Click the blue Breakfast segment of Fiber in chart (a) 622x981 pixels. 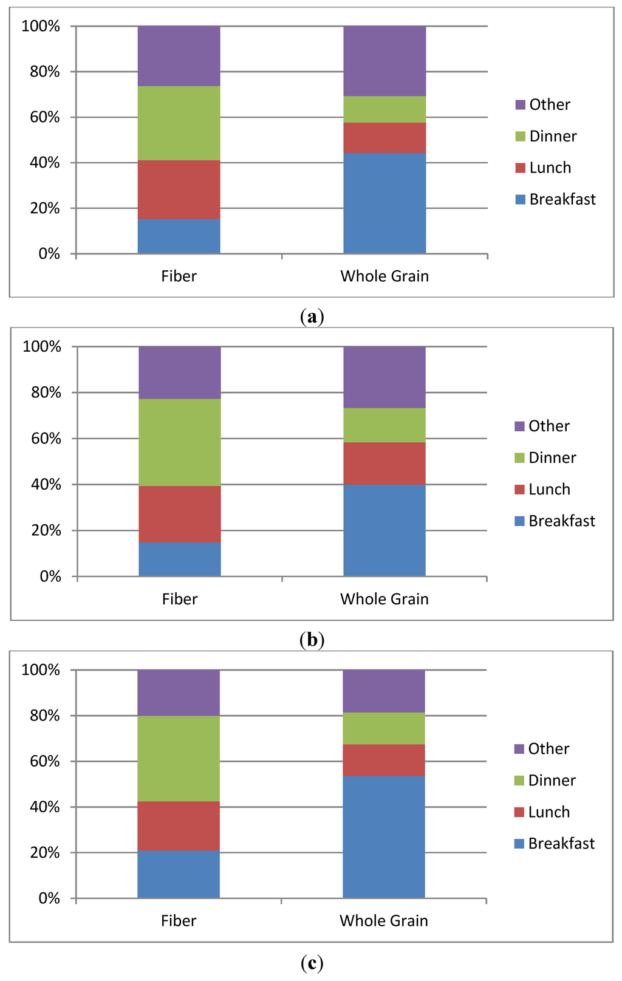pyautogui.click(x=179, y=236)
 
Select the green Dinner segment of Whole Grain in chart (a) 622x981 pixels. pyautogui.click(x=384, y=109)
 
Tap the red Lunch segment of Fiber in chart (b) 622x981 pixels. pyautogui.click(x=179, y=514)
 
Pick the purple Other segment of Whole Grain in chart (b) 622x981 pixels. pyautogui.click(x=384, y=377)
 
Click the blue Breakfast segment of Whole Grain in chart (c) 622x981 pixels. pyautogui.click(x=384, y=837)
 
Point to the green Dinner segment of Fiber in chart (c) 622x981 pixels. pyautogui.click(x=179, y=758)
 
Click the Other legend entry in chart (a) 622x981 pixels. pyautogui.click(x=549, y=104)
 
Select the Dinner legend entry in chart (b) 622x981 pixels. pyautogui.click(x=552, y=457)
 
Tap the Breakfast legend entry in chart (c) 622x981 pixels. pyautogui.click(x=561, y=843)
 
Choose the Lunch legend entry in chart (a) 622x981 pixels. pyautogui.click(x=550, y=168)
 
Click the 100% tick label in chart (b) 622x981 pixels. pyautogui.click(x=42, y=347)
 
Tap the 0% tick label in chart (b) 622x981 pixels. pyautogui.click(x=50, y=576)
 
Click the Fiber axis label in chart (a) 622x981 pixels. pyautogui.click(x=179, y=276)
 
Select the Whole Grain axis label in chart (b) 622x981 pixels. pyautogui.click(x=384, y=599)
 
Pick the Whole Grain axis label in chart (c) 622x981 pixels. pyautogui.click(x=384, y=921)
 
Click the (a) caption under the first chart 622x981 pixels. pyautogui.click(x=312, y=316)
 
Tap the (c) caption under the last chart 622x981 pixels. pyautogui.click(x=312, y=963)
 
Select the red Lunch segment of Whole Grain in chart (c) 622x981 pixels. pyautogui.click(x=384, y=760)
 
